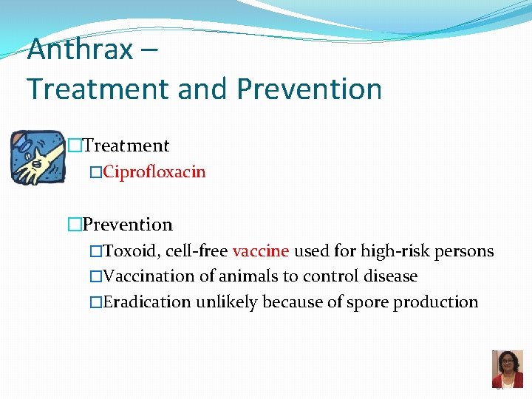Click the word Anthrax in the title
point(81,50)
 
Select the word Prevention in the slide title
point(310,89)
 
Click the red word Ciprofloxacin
point(154,172)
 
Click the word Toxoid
point(131,251)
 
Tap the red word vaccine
point(260,251)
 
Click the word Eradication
point(147,301)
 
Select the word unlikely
point(226,301)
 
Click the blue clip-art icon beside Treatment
point(38,157)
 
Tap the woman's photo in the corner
point(507,368)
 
